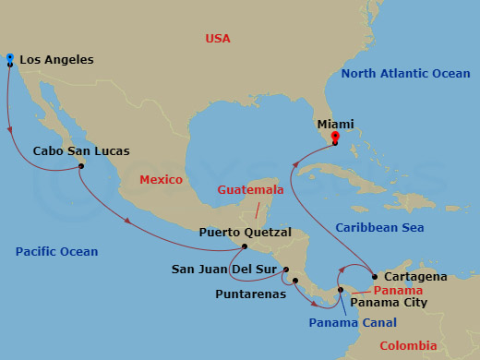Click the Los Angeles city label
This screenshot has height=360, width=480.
(56, 60)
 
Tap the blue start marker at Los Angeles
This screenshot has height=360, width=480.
(9, 57)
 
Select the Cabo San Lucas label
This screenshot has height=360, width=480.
(81, 150)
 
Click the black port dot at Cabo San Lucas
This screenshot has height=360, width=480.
(81, 167)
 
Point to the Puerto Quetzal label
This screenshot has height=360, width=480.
(245, 232)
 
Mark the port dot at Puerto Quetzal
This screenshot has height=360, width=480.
(245, 246)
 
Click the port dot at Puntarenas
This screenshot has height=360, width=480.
(294, 281)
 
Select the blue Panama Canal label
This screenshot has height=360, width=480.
(353, 322)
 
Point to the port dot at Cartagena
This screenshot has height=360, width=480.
(374, 276)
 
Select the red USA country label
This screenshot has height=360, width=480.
(218, 39)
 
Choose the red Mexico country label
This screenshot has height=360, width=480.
(162, 180)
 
